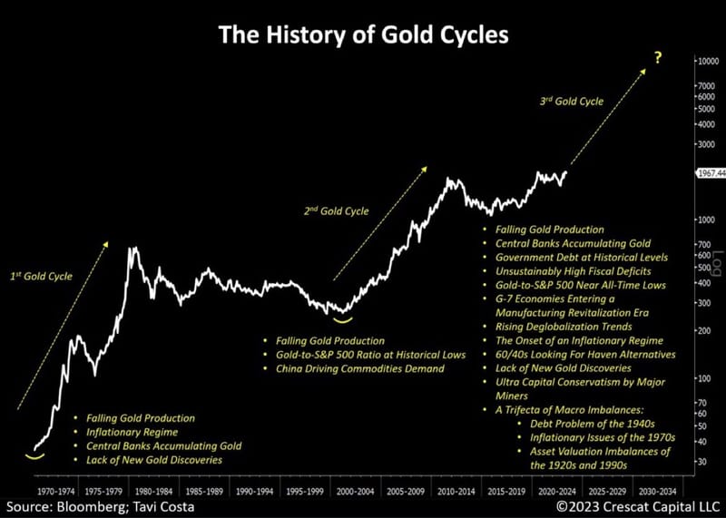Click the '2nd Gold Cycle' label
pos(336,210)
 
